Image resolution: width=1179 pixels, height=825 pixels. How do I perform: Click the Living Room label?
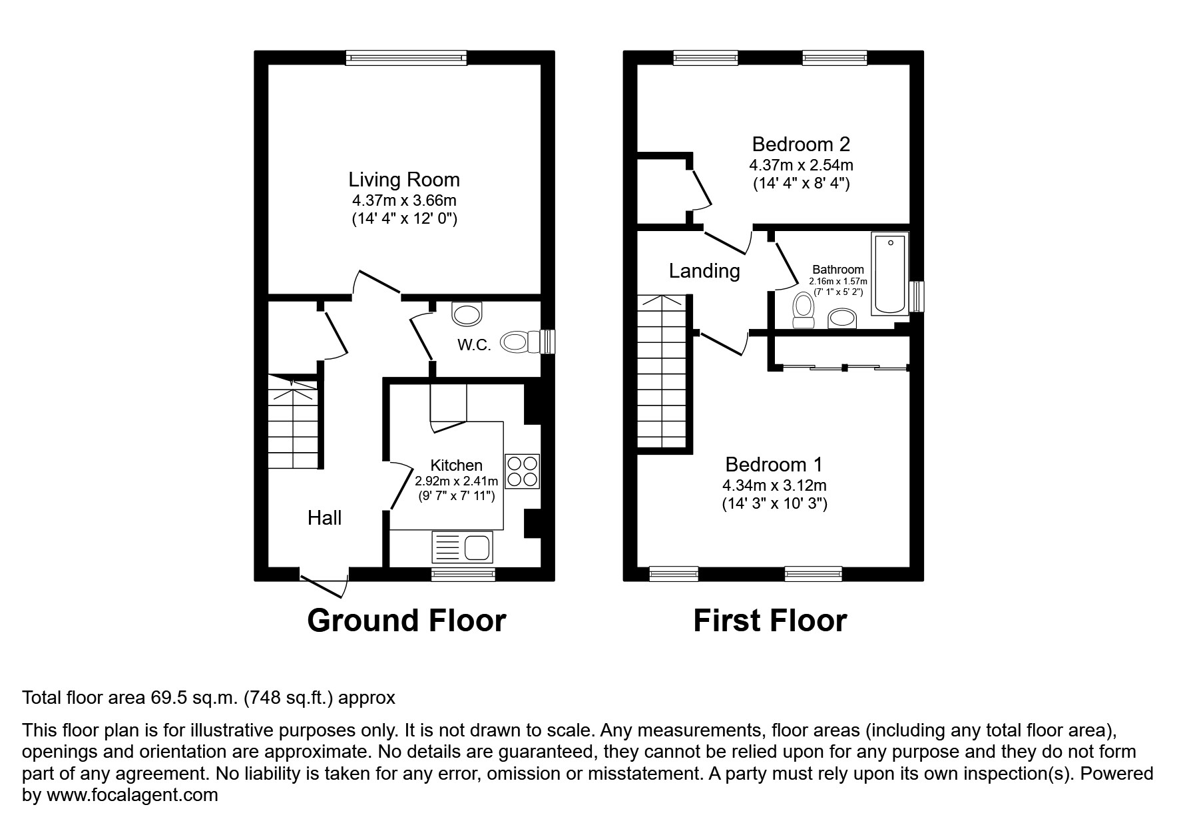pos(404,180)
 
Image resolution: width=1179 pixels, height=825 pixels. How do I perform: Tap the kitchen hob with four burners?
pos(523,471)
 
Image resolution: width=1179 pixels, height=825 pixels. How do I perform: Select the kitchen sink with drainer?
pos(462,548)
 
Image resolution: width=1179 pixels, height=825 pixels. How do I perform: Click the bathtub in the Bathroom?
pos(890,273)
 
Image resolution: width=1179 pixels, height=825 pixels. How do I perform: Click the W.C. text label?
pos(474,345)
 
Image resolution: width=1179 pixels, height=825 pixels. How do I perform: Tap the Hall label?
pos(324,517)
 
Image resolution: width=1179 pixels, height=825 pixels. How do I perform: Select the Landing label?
pos(704,271)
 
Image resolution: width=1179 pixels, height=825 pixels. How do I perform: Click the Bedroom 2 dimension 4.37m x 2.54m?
pos(801,164)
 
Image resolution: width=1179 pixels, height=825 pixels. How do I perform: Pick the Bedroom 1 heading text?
pos(774,464)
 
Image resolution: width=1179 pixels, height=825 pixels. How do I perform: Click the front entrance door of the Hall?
pos(325,581)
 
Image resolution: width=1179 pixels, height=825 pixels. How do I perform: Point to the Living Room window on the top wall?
pos(406,58)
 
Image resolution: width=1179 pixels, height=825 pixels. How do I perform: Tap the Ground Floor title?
pos(406,621)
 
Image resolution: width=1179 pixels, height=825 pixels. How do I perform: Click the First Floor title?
pos(770,621)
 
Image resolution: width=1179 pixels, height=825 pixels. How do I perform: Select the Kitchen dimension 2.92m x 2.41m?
pos(456,481)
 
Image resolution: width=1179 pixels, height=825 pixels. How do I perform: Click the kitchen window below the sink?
pos(463,574)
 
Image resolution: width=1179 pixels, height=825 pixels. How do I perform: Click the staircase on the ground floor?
pos(293,423)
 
